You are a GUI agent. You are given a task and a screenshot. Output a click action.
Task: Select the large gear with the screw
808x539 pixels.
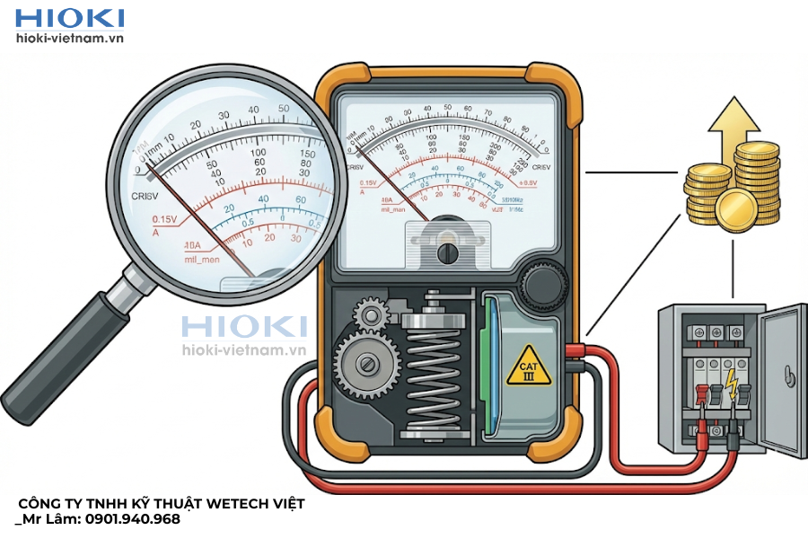pyautogui.click(x=367, y=363)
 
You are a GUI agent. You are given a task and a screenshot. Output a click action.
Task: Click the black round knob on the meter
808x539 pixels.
pyautogui.click(x=544, y=287)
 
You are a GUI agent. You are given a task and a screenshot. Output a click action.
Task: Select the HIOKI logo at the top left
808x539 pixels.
pyautogui.click(x=70, y=18)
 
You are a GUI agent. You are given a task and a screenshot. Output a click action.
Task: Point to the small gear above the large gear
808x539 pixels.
pyautogui.click(x=370, y=314)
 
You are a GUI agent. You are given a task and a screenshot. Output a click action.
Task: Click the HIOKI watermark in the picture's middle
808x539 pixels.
pyautogui.click(x=244, y=327)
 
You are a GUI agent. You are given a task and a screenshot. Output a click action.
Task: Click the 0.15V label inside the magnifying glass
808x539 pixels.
pyautogui.click(x=165, y=219)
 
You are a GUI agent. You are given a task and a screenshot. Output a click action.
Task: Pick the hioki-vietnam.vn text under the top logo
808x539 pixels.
pyautogui.click(x=70, y=39)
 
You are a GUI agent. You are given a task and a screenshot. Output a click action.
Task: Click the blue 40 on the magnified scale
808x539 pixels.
pyautogui.click(x=263, y=199)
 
